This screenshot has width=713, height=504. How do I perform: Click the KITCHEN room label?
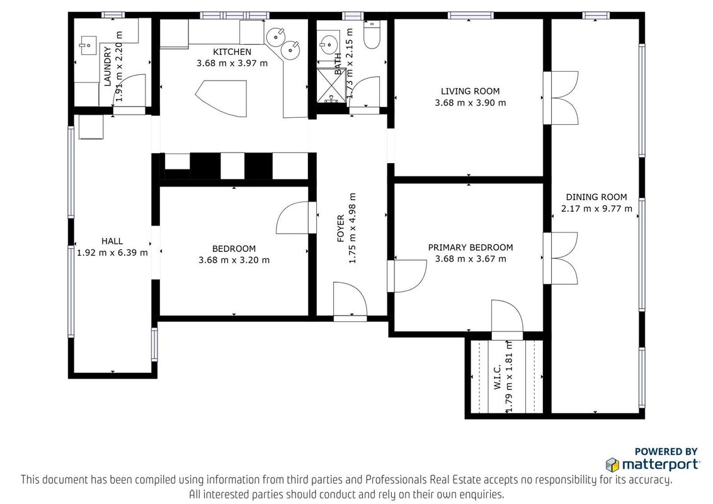click(232, 52)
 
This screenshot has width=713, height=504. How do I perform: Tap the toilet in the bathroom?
click(372, 35)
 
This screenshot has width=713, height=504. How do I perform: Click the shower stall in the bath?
click(331, 85)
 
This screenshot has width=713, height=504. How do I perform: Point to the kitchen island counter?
click(225, 98)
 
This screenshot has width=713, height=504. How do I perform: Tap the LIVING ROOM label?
click(470, 91)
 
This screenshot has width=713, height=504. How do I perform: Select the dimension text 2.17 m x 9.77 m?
click(596, 209)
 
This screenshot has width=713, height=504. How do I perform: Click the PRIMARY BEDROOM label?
click(470, 248)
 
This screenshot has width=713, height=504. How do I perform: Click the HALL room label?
click(112, 241)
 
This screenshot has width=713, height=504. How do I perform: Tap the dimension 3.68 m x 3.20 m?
click(234, 260)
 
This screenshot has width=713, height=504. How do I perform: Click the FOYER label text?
click(341, 228)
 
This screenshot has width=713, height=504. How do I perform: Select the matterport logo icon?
click(612, 465)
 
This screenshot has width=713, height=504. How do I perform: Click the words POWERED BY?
click(666, 452)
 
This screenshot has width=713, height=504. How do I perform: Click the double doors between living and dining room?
click(561, 98)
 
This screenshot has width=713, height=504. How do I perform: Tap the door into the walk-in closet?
click(508, 317)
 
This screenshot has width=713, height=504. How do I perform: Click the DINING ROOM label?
click(596, 197)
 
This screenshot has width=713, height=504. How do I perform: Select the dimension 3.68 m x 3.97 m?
click(232, 63)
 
